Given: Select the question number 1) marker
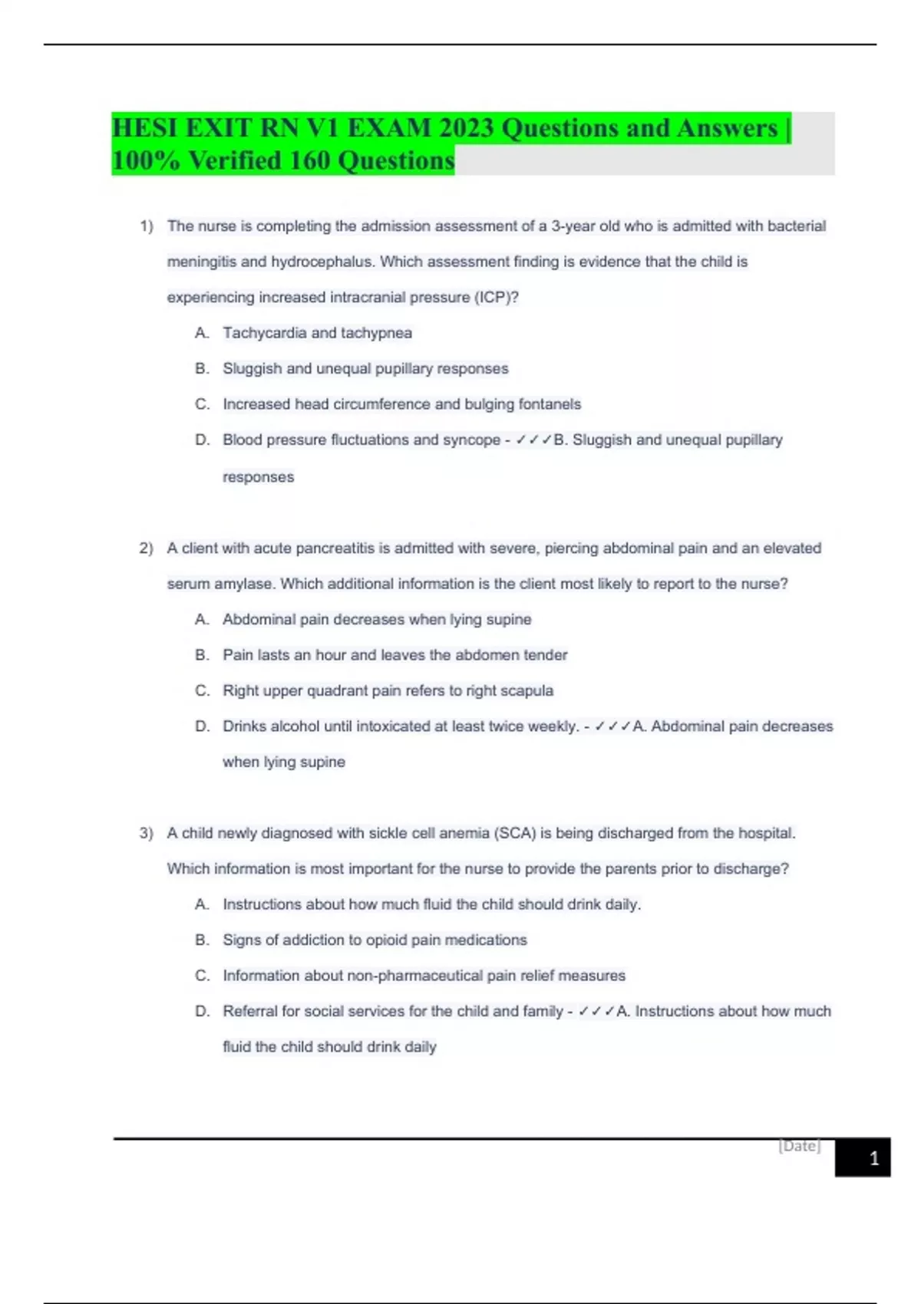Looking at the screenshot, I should tap(146, 226).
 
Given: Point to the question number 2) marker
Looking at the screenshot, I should tap(146, 548).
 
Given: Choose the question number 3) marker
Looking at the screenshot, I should tap(146, 833).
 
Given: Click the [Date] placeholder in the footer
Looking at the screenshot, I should tap(800, 1146).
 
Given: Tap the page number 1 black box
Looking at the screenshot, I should tap(863, 1158).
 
